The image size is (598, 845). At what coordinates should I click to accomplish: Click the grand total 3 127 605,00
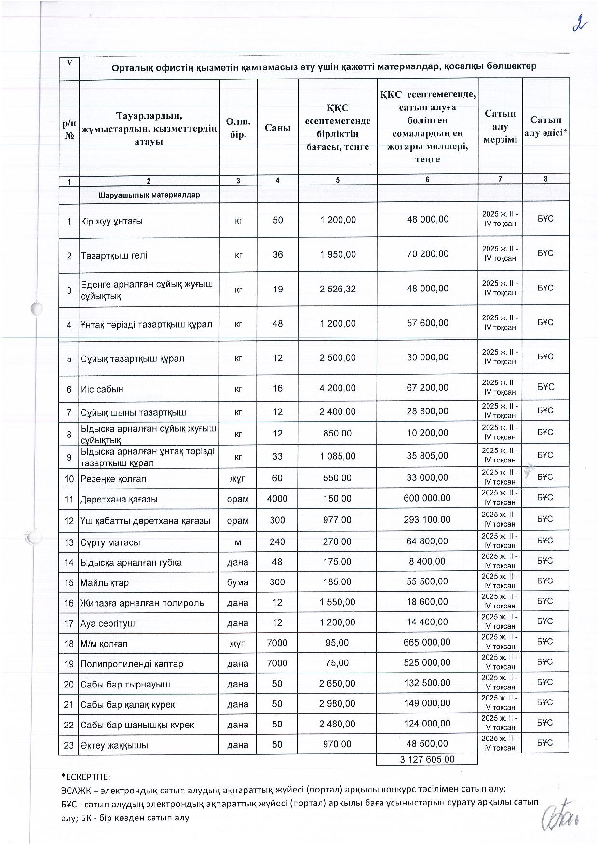[x=427, y=759]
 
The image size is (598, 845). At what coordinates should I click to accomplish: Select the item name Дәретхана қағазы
[x=119, y=500]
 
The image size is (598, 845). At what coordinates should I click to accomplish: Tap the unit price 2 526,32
[x=338, y=289]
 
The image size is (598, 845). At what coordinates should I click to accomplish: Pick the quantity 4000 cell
[x=277, y=499]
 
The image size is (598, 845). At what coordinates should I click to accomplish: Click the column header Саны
[x=277, y=128]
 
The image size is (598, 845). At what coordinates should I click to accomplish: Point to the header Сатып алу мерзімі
[x=500, y=127]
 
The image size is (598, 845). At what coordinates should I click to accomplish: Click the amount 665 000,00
[x=427, y=642]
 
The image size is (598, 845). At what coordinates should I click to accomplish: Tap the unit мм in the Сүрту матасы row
[x=238, y=542]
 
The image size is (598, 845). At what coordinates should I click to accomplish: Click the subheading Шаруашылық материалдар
[x=149, y=196]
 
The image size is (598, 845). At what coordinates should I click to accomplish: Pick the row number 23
[x=69, y=745]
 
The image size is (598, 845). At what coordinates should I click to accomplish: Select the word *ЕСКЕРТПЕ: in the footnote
[x=86, y=777]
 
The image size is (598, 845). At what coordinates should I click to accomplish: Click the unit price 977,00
[x=338, y=520]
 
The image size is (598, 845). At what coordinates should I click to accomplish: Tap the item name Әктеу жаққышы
[x=114, y=745]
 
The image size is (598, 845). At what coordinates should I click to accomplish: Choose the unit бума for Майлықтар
[x=238, y=582]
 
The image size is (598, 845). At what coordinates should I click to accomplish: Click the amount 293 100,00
[x=427, y=520]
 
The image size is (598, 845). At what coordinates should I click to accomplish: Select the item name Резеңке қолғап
[x=113, y=479]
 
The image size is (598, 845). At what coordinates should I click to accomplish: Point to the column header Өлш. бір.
[x=238, y=128]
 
